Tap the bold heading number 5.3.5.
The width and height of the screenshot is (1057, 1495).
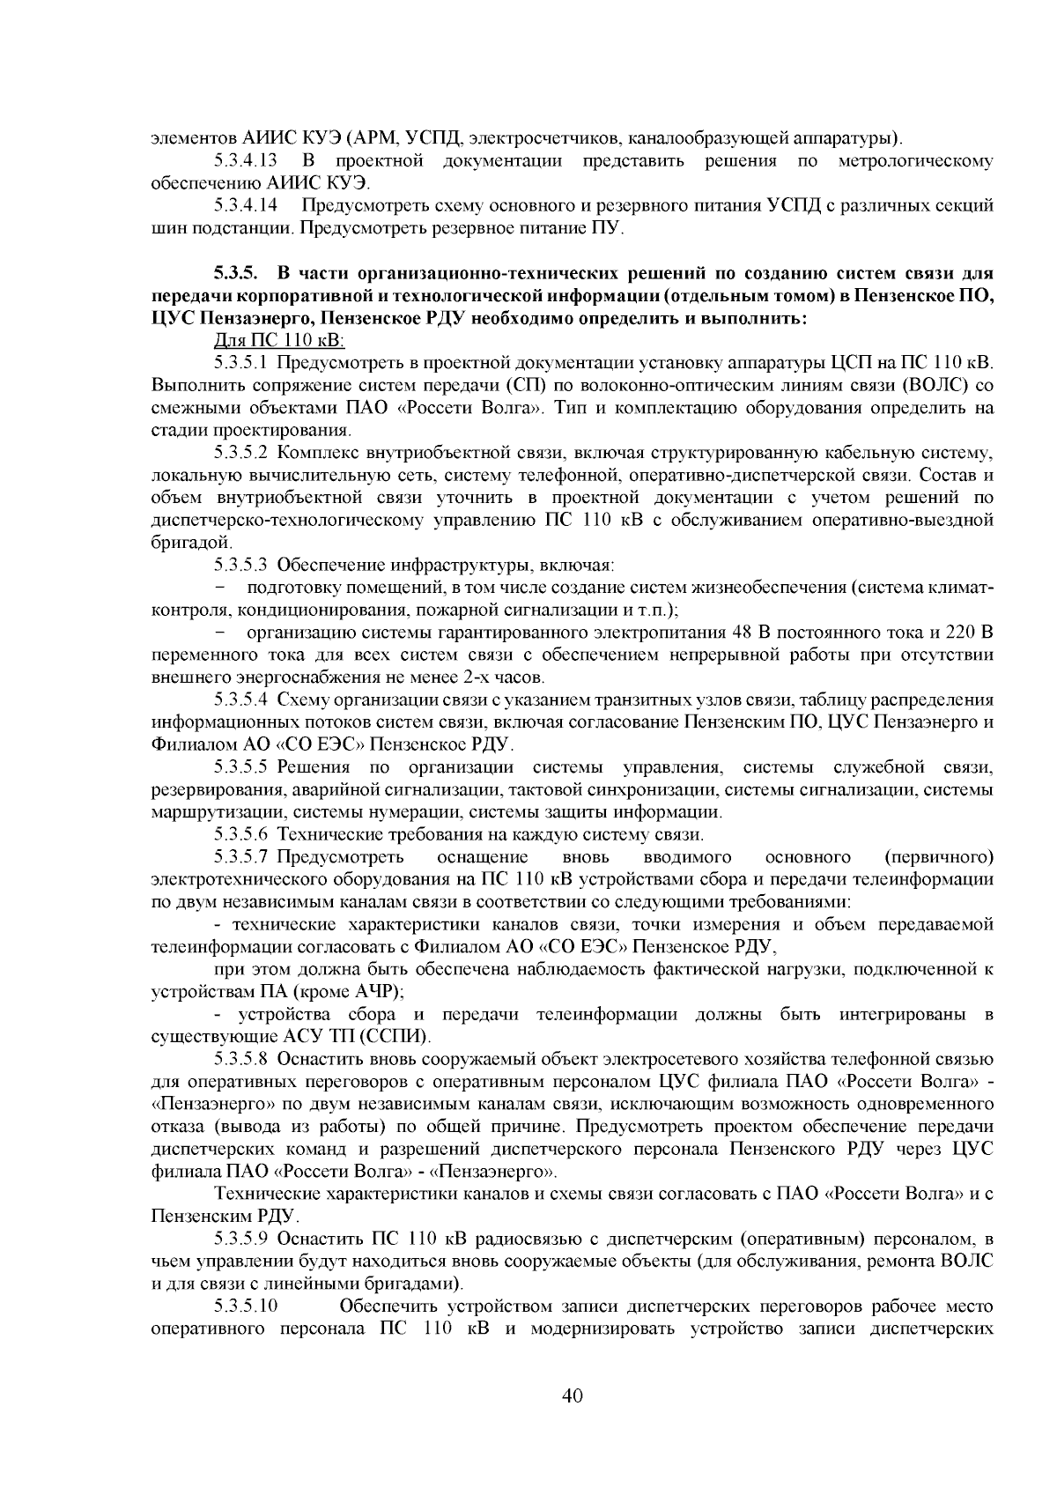click(237, 272)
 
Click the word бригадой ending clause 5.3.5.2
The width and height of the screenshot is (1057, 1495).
click(180, 544)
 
